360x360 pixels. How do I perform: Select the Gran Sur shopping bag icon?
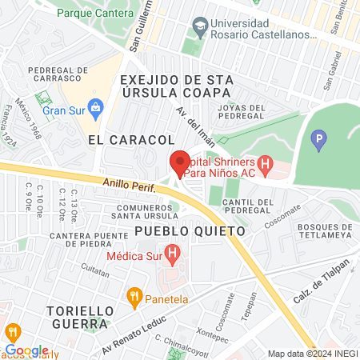pos(95,106)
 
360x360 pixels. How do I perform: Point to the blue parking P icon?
pos(319,142)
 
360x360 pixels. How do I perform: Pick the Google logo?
pos(26,350)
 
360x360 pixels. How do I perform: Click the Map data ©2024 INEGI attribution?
pos(312,354)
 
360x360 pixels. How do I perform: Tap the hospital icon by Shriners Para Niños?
pos(266,166)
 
